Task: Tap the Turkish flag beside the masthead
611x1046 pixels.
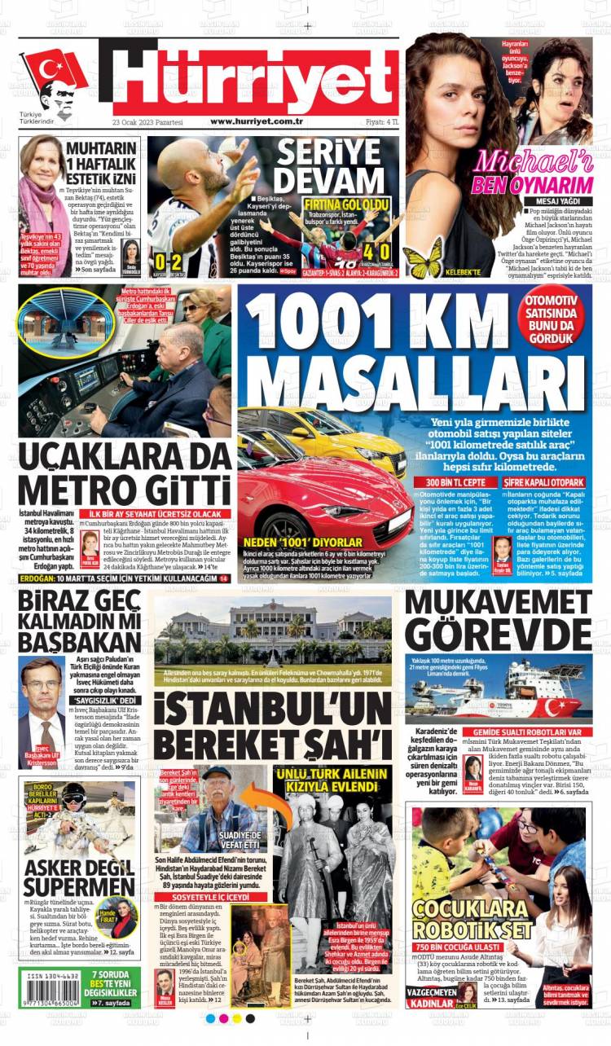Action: (53, 72)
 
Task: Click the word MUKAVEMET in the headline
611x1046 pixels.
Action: (498, 604)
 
